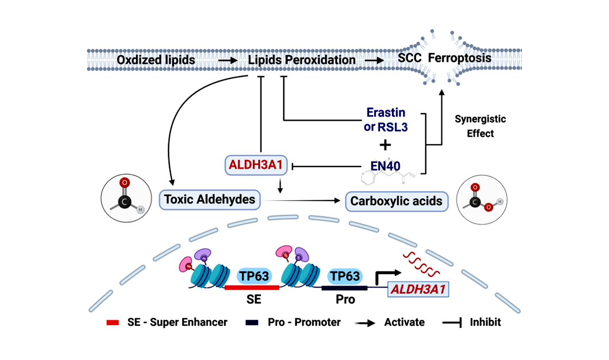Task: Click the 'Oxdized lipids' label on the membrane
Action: click(156, 60)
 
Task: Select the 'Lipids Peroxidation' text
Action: click(302, 60)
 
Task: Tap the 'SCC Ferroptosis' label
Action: click(444, 58)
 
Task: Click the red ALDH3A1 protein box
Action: click(256, 165)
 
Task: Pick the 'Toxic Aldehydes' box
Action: click(209, 200)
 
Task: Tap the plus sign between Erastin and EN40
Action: click(385, 145)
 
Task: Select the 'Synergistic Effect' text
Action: click(480, 126)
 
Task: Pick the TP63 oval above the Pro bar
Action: click(344, 276)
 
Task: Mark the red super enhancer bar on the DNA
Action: click(252, 287)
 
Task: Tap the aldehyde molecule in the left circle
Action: click(123, 196)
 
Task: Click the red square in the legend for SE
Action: click(113, 322)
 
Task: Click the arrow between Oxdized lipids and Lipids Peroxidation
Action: click(227, 60)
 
